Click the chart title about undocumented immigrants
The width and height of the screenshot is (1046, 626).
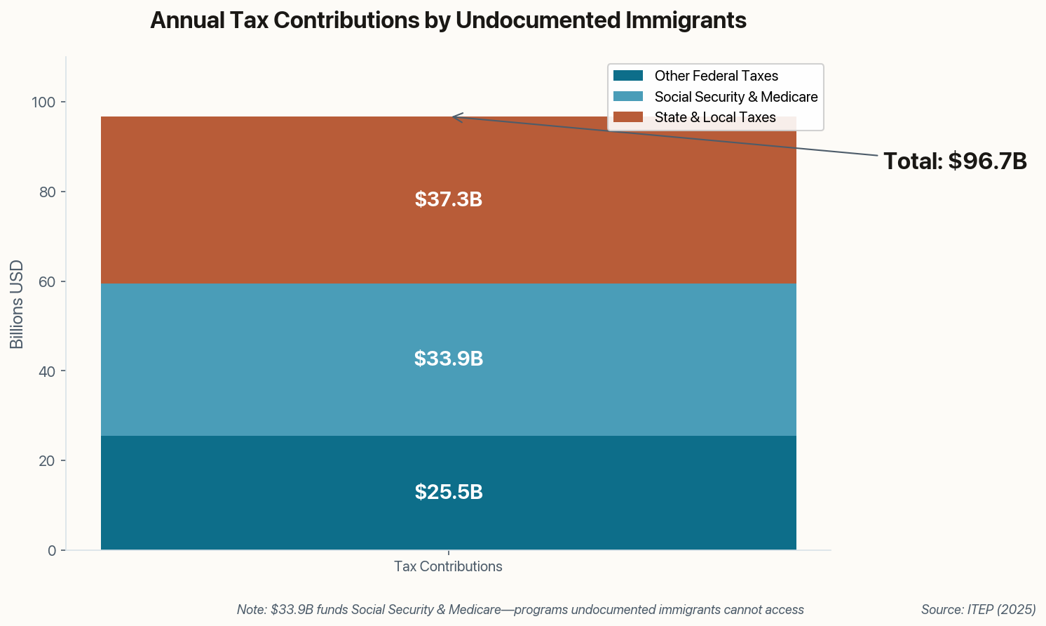click(x=448, y=20)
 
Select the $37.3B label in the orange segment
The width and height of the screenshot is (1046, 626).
click(x=448, y=200)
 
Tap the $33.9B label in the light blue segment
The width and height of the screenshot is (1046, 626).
click(x=448, y=359)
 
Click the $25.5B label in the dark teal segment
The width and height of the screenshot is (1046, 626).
click(x=448, y=493)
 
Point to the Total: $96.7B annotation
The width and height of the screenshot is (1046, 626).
click(x=955, y=161)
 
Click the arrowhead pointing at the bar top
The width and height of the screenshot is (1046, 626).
click(x=455, y=116)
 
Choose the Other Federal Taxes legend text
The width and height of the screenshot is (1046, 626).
click(x=716, y=76)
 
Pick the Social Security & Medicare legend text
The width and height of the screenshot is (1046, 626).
click(x=735, y=97)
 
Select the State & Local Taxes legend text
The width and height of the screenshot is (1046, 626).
click(x=714, y=117)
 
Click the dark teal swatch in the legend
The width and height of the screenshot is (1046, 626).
click(x=627, y=76)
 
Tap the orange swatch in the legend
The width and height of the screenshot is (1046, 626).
click(x=627, y=117)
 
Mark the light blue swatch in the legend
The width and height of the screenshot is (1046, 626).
click(x=627, y=97)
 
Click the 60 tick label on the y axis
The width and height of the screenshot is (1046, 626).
click(x=47, y=282)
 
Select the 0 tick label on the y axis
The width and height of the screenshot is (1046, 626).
click(x=52, y=551)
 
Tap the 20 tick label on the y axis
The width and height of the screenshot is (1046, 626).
click(x=47, y=461)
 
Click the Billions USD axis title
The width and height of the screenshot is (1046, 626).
click(x=17, y=305)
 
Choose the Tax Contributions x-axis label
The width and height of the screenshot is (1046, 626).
click(x=448, y=566)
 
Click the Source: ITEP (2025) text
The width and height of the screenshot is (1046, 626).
click(x=978, y=610)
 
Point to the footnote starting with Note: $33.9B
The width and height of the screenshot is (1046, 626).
click(x=520, y=610)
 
